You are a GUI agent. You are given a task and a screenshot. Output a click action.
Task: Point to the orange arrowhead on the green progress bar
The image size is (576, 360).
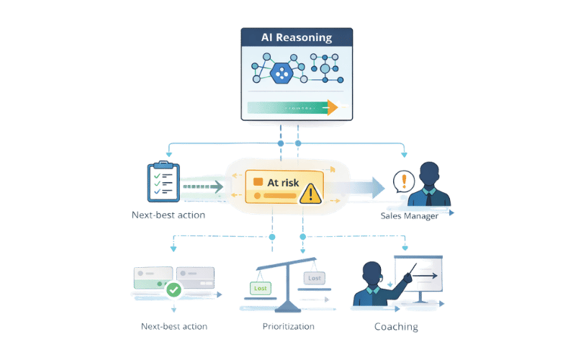(332, 108)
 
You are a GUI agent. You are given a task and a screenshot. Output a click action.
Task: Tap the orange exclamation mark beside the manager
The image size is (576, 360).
(404, 180)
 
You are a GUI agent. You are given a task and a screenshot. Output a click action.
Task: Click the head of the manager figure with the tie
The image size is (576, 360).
(430, 174)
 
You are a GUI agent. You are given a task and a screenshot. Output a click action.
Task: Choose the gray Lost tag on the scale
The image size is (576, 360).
(315, 278)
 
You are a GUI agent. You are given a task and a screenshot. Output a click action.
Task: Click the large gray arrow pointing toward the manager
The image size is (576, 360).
(364, 186)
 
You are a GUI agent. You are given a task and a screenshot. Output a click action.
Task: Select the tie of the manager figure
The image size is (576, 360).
(430, 196)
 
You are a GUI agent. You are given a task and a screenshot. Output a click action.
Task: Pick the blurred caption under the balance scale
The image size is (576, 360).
(287, 326)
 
